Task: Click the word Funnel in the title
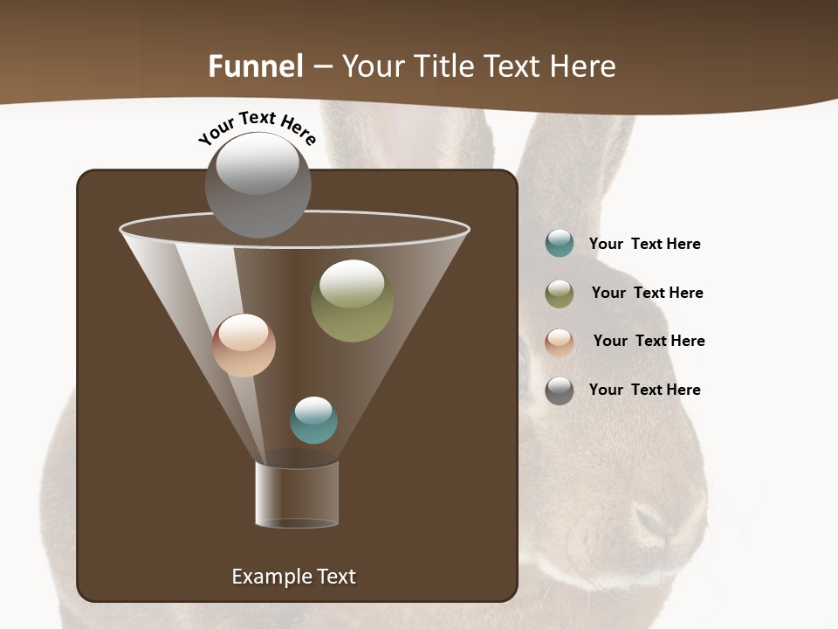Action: [x=256, y=66]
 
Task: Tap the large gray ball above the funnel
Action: [x=258, y=184]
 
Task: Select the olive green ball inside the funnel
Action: [x=352, y=301]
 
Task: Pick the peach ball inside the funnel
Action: [x=244, y=345]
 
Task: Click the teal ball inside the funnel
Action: [x=313, y=420]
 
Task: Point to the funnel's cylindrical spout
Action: [x=297, y=494]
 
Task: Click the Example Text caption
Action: [x=293, y=577]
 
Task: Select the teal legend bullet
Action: [x=560, y=243]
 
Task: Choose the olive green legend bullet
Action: [x=560, y=293]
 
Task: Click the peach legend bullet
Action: [x=560, y=342]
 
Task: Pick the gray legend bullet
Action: [x=560, y=390]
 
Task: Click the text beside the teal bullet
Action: [x=644, y=244]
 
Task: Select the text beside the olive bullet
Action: [x=647, y=293]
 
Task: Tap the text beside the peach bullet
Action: [x=649, y=341]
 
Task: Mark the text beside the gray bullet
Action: [x=644, y=390]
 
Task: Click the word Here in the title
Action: [x=583, y=66]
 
